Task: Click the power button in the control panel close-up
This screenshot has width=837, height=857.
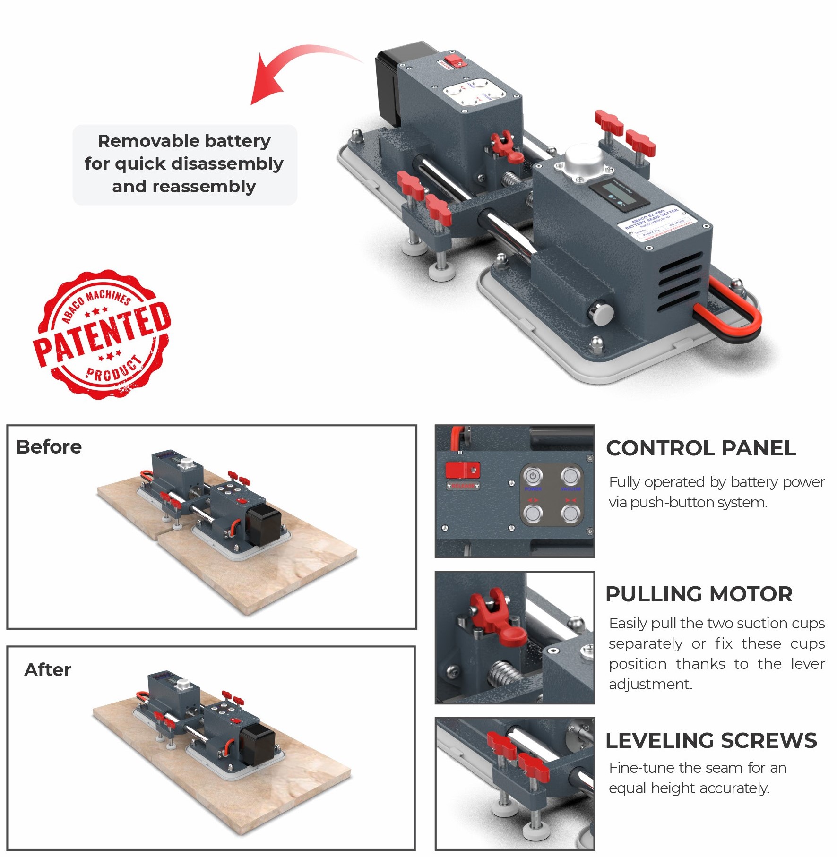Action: (533, 476)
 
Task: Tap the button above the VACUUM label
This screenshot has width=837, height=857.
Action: (570, 476)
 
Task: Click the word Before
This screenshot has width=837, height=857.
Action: (49, 447)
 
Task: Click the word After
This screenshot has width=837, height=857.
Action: (48, 670)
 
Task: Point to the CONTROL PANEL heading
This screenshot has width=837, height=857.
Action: (701, 448)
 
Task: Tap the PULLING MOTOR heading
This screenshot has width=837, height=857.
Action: (699, 594)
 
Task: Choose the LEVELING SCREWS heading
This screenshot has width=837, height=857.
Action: (711, 740)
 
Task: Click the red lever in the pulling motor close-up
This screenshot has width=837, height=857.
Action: (499, 619)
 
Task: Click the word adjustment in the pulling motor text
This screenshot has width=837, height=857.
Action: (650, 684)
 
